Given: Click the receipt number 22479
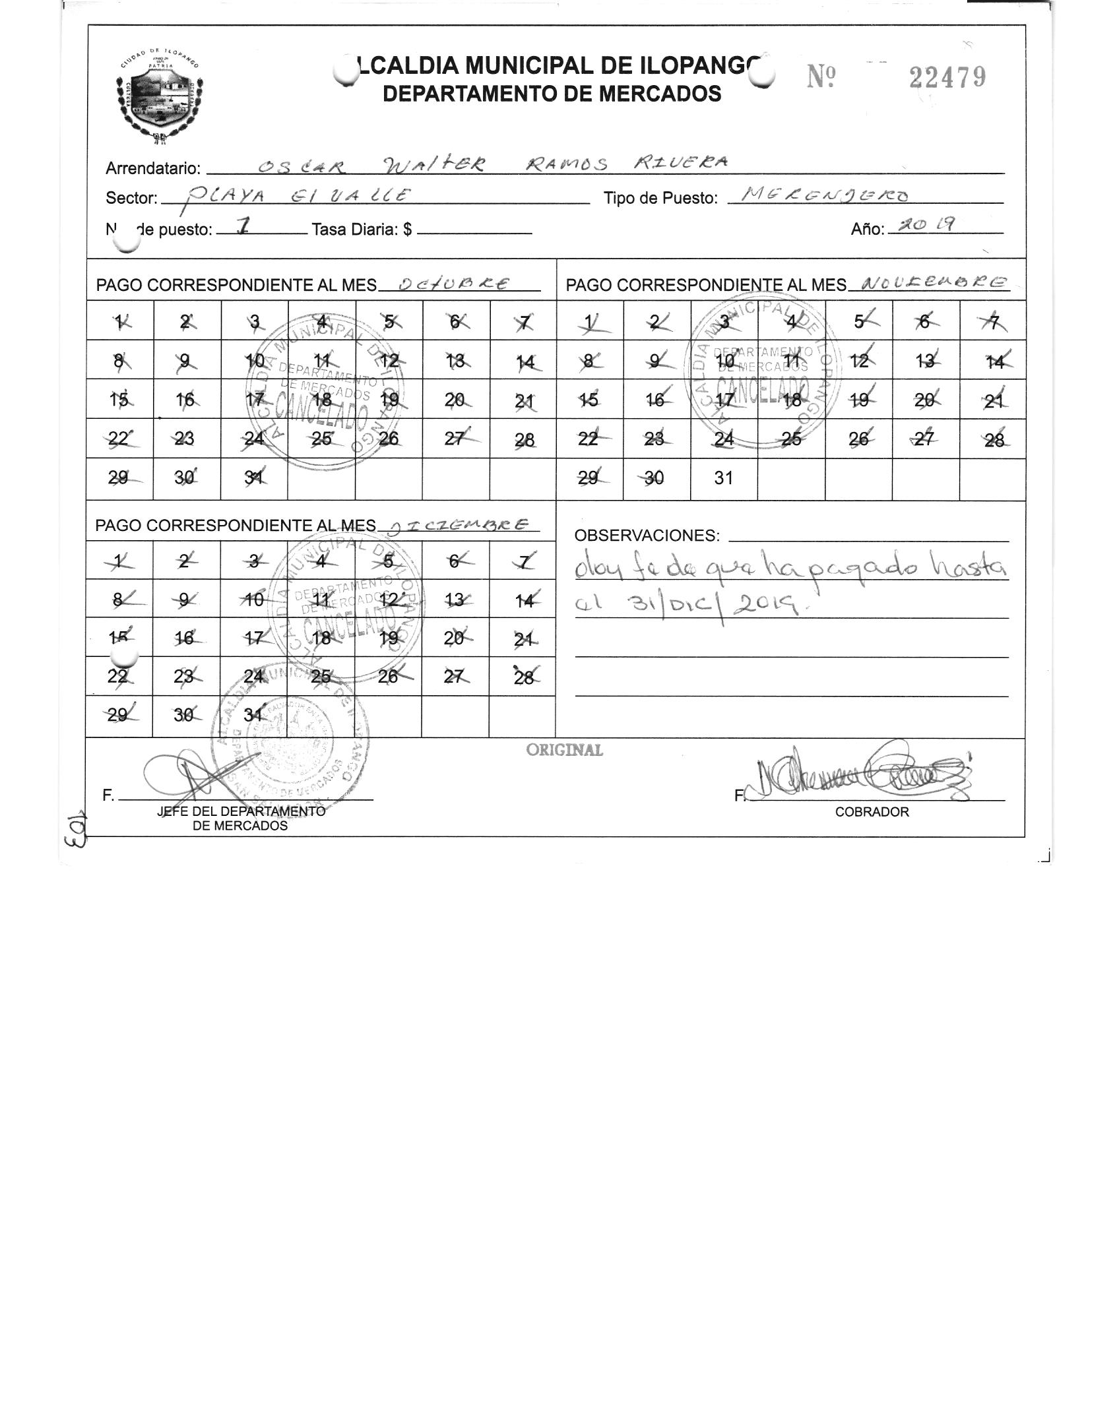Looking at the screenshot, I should (x=947, y=78).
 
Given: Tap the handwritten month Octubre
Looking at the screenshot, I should (x=455, y=284).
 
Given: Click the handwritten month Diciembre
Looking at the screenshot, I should (x=459, y=524).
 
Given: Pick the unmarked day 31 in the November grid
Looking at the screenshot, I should (x=723, y=478).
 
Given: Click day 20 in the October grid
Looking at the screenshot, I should (x=455, y=400).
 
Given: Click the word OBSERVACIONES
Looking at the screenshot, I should (x=647, y=536).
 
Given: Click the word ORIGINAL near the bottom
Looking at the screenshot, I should (x=564, y=750).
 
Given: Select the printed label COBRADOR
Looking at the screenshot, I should (x=872, y=812).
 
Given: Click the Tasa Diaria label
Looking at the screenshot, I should (x=362, y=230).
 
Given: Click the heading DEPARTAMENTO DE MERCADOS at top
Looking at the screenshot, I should (x=552, y=94).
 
